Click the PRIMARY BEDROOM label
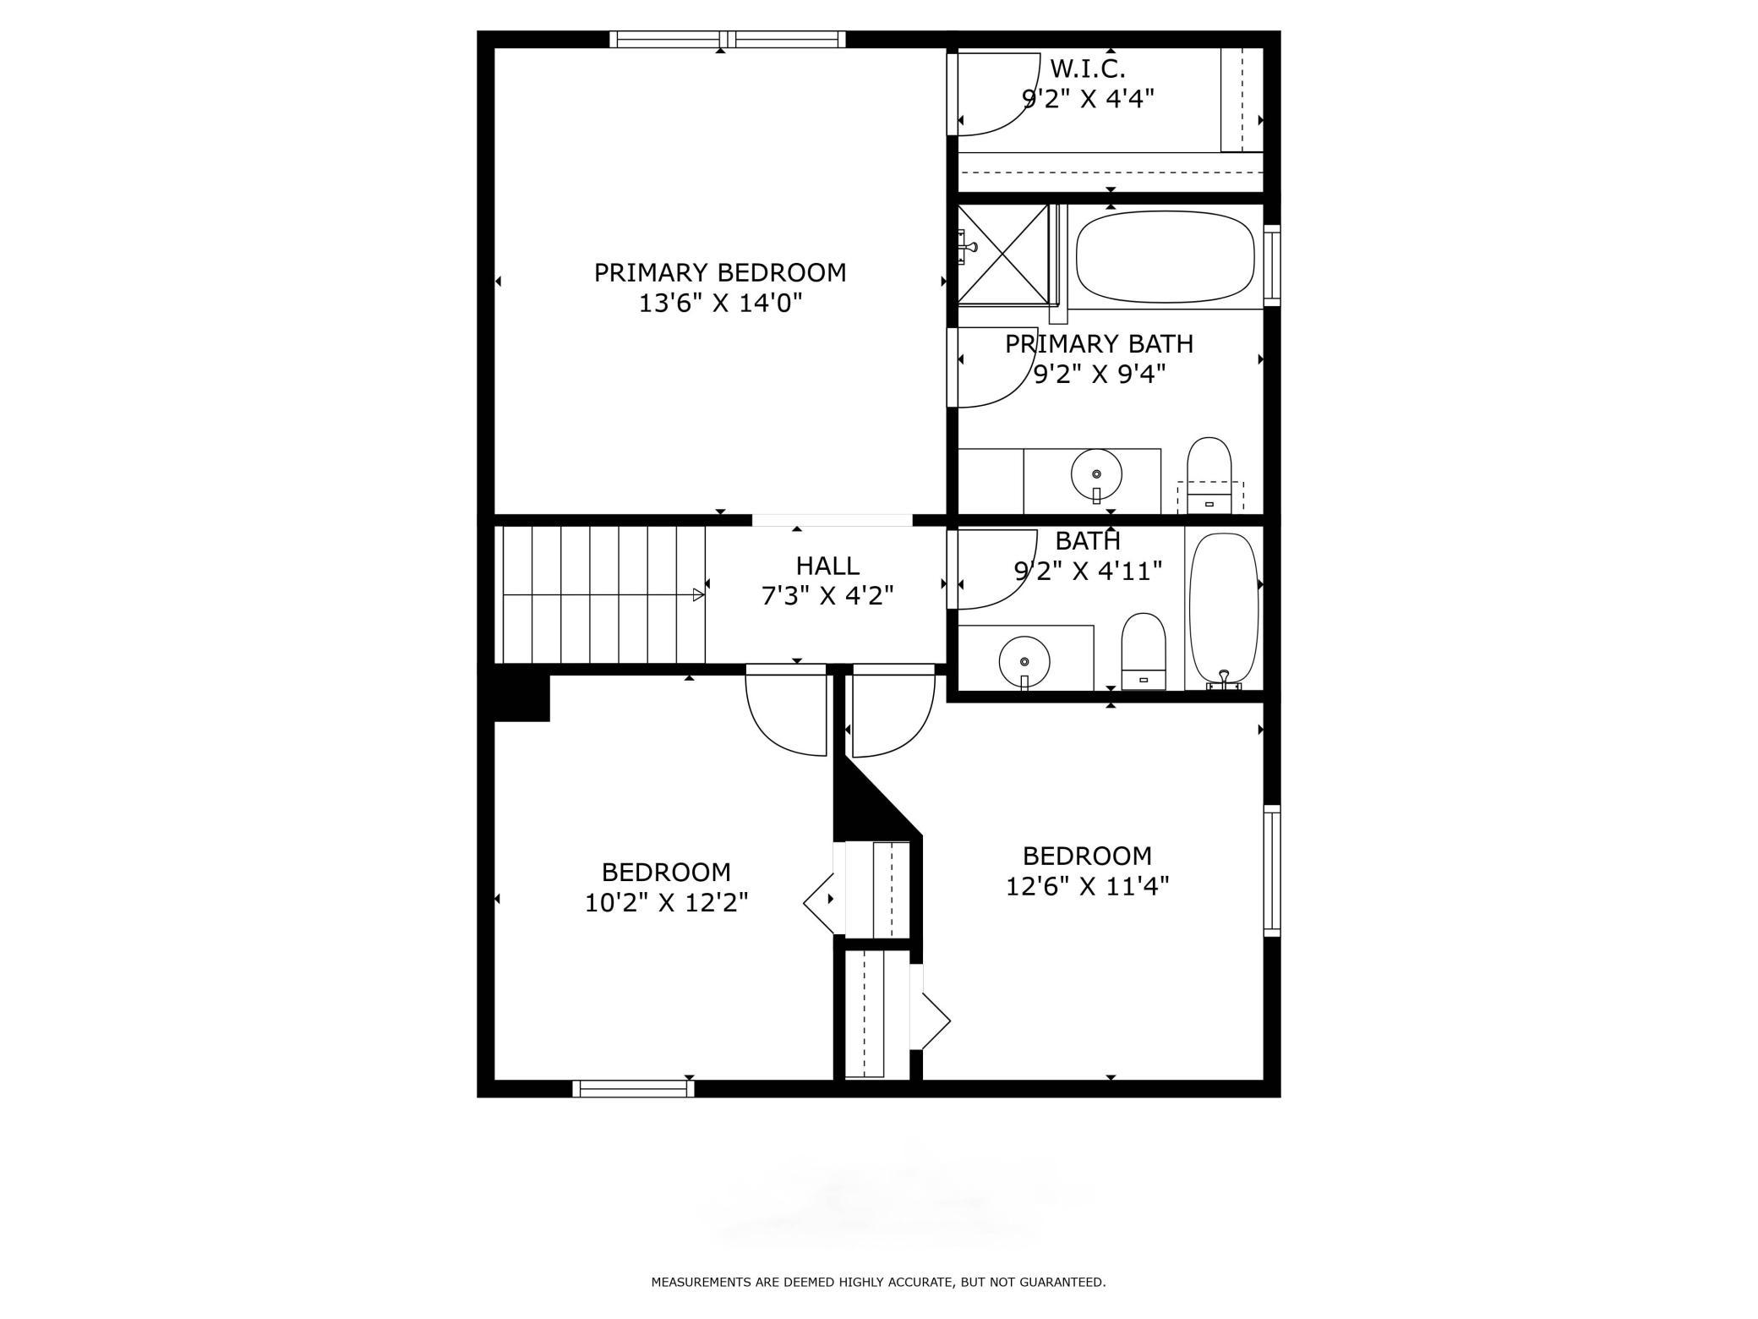719,273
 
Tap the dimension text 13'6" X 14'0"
719,303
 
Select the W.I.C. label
1087,68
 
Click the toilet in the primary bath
1209,475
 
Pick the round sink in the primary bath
1096,475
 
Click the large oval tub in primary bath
1165,256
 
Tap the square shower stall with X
1003,253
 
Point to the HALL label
827,566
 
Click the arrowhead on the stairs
698,594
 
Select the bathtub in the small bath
1223,607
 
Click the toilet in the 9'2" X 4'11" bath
1144,651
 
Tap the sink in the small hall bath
1024,661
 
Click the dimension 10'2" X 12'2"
666,903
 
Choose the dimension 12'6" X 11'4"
1087,886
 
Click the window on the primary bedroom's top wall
728,39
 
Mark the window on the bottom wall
633,1089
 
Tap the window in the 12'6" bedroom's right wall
1271,871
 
